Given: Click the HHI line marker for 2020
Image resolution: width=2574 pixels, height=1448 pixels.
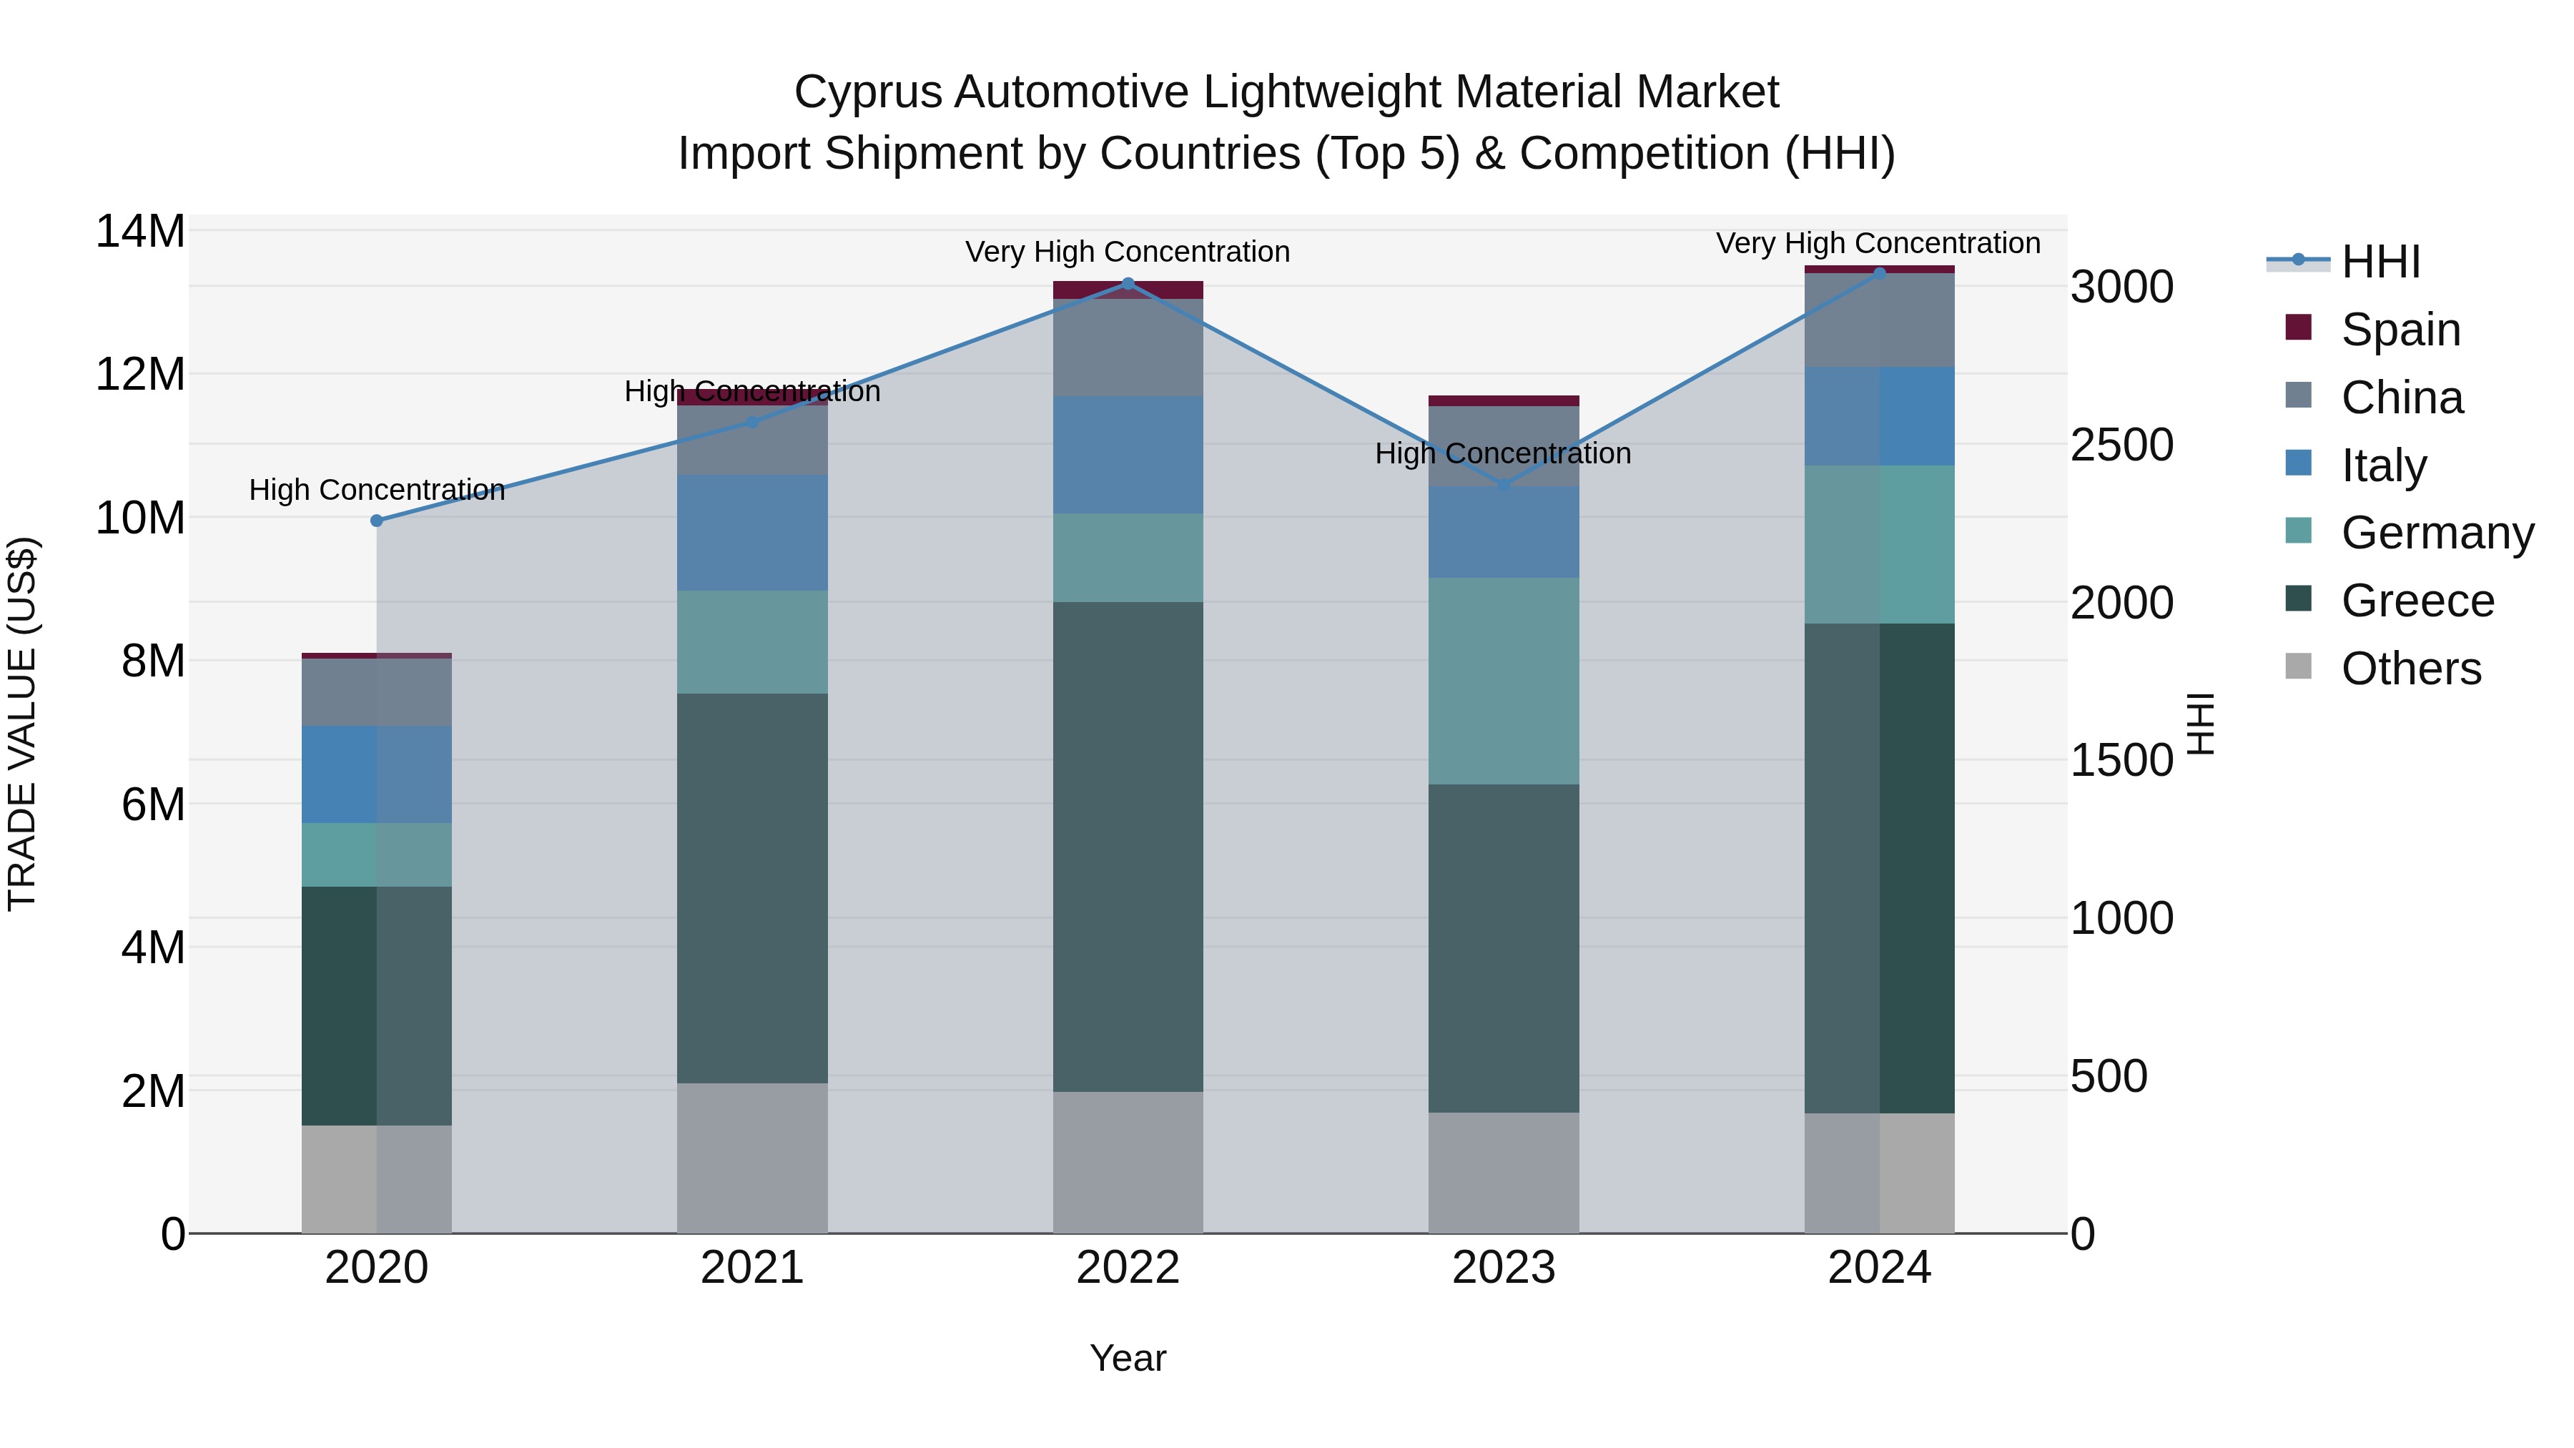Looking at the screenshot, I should pyautogui.click(x=377, y=521).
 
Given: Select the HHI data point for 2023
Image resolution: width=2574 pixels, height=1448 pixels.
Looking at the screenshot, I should pyautogui.click(x=1504, y=485).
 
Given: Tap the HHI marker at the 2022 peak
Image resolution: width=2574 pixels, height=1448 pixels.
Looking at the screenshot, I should pyautogui.click(x=1128, y=284).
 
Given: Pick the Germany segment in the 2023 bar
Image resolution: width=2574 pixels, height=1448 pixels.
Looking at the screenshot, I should pyautogui.click(x=1504, y=681).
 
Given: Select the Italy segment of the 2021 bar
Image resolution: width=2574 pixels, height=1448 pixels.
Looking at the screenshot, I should pyautogui.click(x=752, y=533).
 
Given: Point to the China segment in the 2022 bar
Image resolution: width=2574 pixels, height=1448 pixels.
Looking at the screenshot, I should pyautogui.click(x=1128, y=347).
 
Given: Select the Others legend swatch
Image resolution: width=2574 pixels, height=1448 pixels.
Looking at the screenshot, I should pyautogui.click(x=2298, y=666).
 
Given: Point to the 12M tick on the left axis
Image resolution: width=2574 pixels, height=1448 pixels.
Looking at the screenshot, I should pyautogui.click(x=140, y=375).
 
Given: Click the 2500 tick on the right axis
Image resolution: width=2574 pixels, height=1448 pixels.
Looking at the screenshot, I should pyautogui.click(x=2121, y=445).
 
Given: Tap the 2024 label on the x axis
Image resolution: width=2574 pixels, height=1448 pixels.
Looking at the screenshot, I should pyautogui.click(x=1878, y=1268).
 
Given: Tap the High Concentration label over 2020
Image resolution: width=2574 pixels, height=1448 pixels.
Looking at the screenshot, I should pyautogui.click(x=377, y=490).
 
